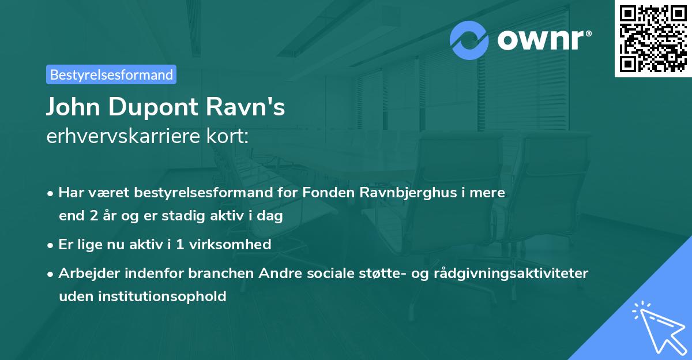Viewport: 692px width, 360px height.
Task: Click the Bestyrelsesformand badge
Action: click(111, 74)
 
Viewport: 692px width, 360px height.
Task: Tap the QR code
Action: click(653, 38)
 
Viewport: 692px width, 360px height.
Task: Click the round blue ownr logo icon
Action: click(469, 40)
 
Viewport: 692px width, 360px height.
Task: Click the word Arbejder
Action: click(86, 273)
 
